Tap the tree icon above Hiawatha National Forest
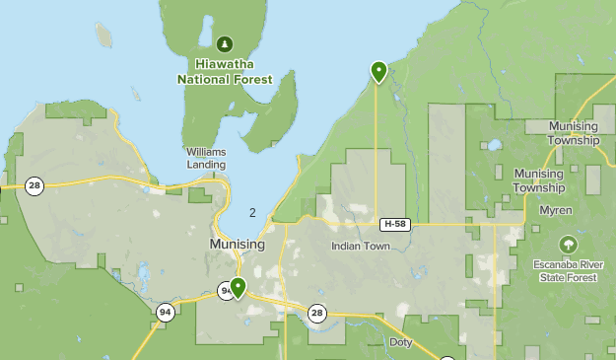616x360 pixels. point(225,44)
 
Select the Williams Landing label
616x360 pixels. point(206,158)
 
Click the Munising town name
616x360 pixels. point(237,244)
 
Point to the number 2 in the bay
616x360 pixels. point(253,212)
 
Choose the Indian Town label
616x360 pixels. point(361,246)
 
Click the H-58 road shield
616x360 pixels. point(395,224)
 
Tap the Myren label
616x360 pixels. point(556,210)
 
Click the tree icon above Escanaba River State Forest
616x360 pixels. point(568,244)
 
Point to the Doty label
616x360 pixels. point(401,342)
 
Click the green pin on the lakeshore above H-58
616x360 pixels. point(378,71)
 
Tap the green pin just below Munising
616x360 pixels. point(238,288)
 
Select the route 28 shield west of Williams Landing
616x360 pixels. point(34,185)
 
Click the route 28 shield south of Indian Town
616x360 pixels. point(316,313)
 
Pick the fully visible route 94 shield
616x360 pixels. point(165,312)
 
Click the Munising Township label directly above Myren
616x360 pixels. point(539,180)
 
